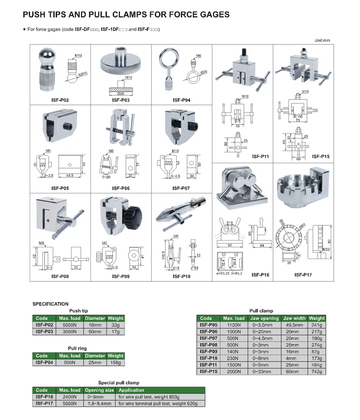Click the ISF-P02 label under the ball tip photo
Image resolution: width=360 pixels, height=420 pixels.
[x=60, y=101]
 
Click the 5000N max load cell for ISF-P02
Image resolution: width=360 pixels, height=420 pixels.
[x=70, y=325]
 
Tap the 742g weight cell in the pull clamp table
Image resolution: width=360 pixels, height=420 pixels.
[x=316, y=372]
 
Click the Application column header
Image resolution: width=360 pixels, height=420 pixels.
[x=131, y=390]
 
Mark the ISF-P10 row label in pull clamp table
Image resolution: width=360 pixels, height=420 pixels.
[x=208, y=358]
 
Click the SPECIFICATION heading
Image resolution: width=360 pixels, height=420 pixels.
[x=50, y=304]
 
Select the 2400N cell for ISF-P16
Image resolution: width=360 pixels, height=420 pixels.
[x=70, y=397]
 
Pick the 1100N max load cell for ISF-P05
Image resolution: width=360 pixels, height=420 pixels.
[x=234, y=325]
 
